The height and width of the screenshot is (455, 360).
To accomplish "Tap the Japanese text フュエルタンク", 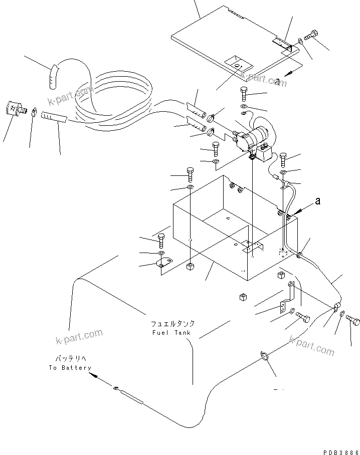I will click(x=173, y=324).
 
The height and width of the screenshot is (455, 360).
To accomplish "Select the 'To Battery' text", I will click(x=70, y=367).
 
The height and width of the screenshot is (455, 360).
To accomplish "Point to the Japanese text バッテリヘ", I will click(x=70, y=359).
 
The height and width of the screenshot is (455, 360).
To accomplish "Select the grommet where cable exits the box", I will click(x=299, y=256).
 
